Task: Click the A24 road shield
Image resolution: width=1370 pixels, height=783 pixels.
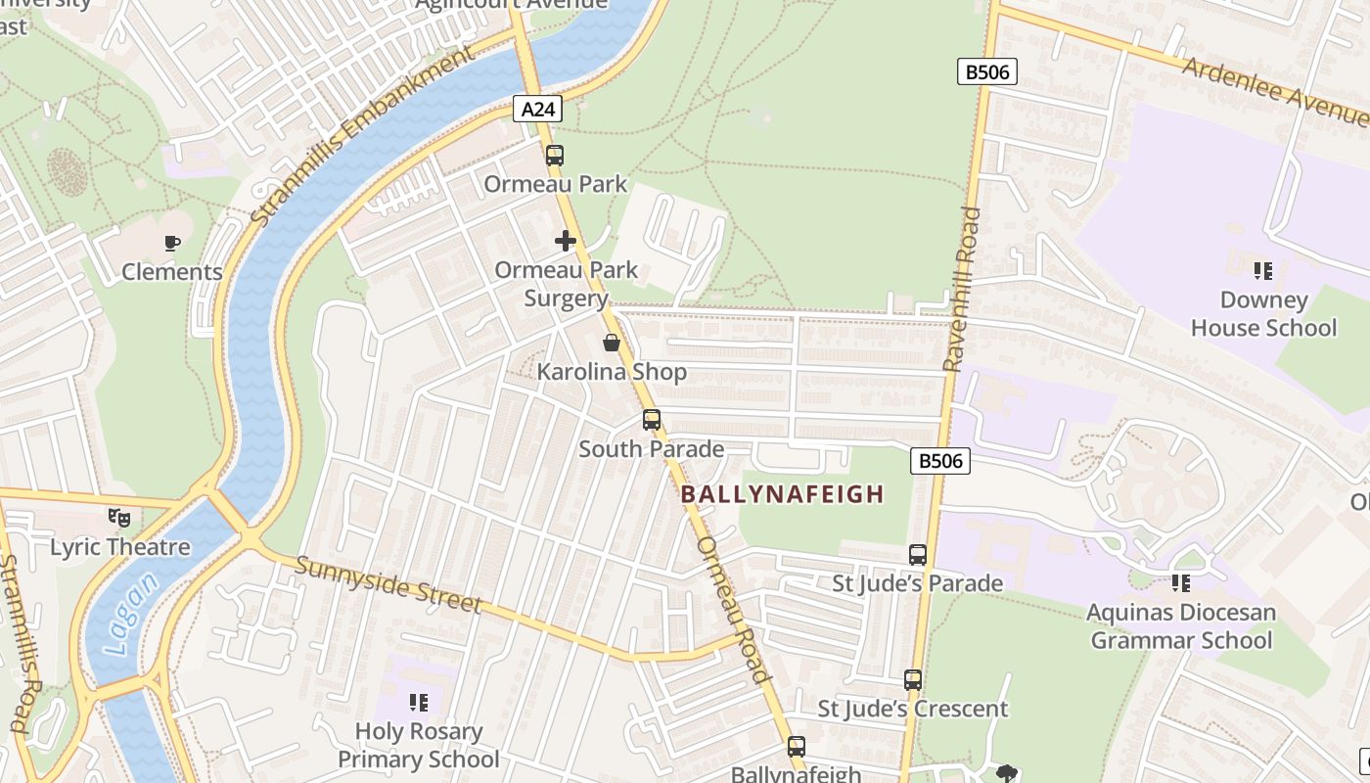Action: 537,109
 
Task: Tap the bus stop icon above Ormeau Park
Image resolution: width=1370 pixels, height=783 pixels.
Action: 555,155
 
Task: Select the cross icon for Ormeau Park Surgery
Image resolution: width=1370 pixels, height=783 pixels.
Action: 566,240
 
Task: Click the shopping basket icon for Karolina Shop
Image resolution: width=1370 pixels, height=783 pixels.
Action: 612,343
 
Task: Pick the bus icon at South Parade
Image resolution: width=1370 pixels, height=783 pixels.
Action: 652,420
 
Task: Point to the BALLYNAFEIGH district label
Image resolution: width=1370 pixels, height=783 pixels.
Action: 782,494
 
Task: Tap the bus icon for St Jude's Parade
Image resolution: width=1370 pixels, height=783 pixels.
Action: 918,554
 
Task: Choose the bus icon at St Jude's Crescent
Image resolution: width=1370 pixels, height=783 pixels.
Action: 913,679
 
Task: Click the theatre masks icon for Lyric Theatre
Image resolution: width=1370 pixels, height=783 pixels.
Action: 119,517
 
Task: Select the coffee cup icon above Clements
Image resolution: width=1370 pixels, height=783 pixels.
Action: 172,243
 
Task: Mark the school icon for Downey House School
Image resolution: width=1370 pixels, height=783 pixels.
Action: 1263,270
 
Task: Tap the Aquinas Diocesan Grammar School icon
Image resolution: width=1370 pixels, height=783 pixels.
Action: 1181,583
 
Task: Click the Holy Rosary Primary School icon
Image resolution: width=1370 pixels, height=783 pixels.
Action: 419,702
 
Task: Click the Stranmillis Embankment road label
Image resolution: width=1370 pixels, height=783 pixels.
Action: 361,136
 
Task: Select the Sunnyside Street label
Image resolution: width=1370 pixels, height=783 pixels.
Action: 388,584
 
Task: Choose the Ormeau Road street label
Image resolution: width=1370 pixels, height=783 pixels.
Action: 734,609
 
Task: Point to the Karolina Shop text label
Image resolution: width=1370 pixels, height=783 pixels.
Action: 612,372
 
